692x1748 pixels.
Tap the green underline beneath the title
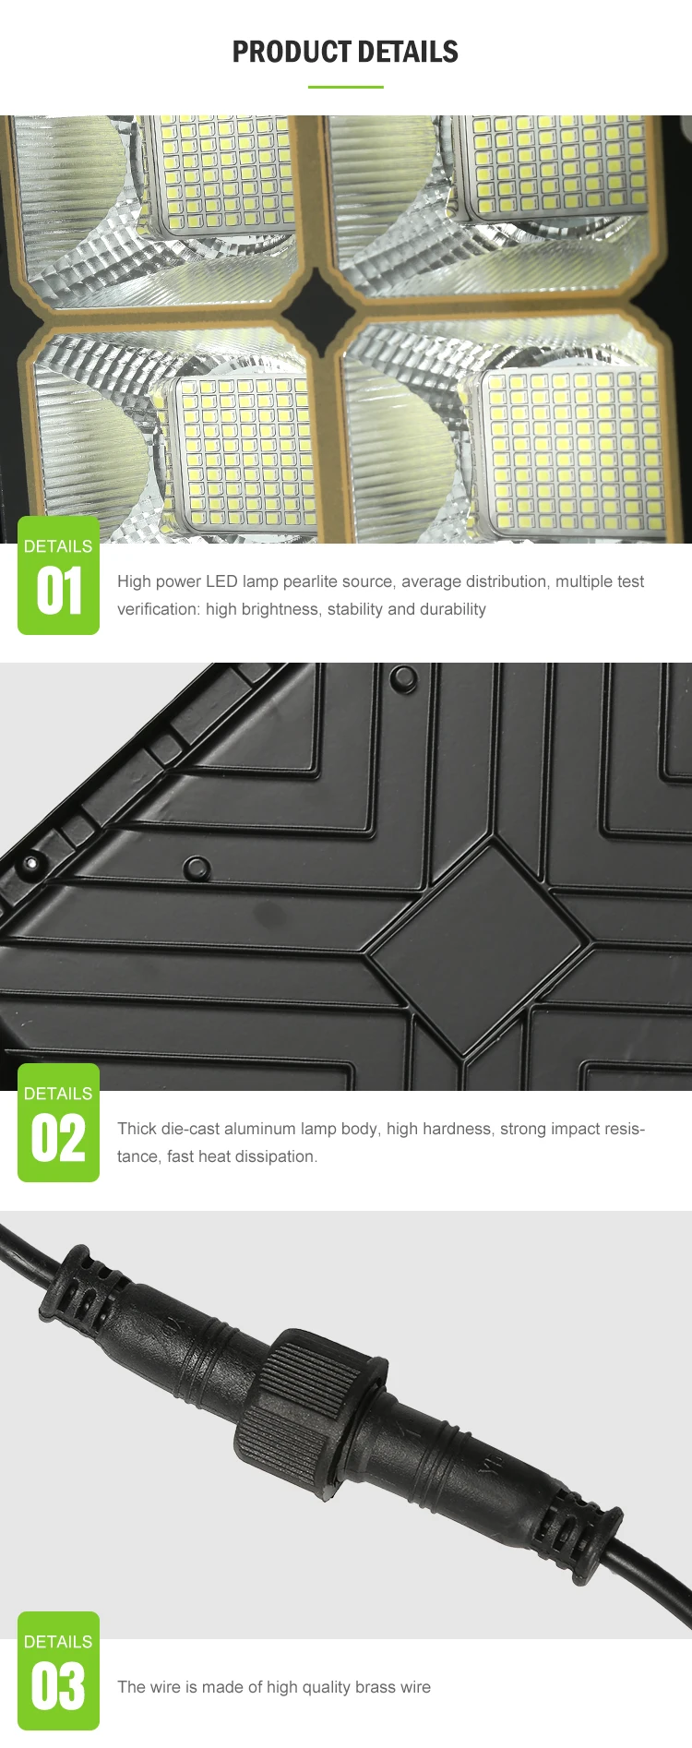point(345,87)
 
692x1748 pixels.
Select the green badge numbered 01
point(58,576)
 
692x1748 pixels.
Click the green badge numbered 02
point(58,1123)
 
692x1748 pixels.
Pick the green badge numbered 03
point(58,1670)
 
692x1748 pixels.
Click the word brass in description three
point(375,1687)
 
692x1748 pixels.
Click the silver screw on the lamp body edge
point(31,863)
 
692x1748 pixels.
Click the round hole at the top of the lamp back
point(403,678)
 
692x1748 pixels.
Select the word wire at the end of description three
point(415,1687)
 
